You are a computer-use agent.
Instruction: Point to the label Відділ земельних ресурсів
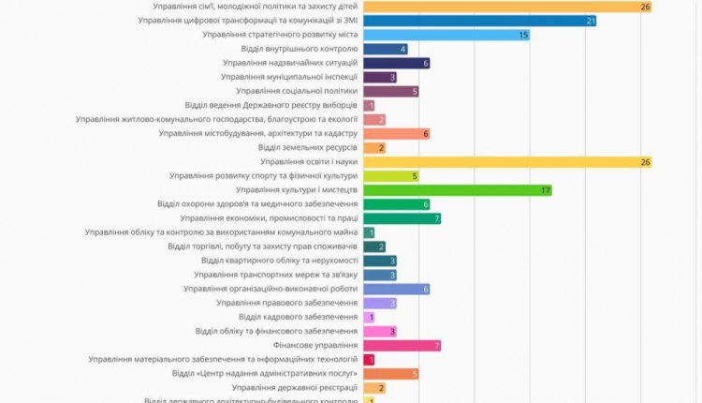coord(307,147)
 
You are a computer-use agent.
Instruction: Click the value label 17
coord(546,190)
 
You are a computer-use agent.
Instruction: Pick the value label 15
coord(523,35)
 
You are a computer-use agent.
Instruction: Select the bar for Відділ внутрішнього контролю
coord(384,49)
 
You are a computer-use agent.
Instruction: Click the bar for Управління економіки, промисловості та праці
coord(401,218)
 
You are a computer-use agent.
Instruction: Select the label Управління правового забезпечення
coord(286,303)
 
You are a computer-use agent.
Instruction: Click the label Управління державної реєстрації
coord(294,387)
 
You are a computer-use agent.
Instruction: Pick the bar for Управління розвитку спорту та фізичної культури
coord(389,175)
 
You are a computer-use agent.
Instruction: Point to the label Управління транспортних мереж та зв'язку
coord(276,275)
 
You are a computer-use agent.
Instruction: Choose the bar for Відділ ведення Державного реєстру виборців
coord(369,105)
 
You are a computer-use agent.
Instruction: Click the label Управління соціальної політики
coord(297,91)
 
